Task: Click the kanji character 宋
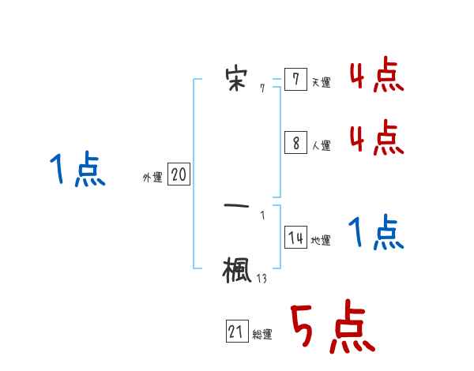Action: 236,77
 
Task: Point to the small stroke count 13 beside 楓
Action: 261,278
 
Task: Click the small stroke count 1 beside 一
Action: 262,215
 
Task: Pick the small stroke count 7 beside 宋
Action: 262,89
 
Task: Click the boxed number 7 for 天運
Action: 295,80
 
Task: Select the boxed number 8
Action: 295,142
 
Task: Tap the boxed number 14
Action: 295,238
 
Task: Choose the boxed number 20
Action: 179,174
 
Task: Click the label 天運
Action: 321,82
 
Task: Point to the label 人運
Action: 321,145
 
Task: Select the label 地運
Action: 321,241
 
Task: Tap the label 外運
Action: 152,178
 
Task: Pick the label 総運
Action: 262,335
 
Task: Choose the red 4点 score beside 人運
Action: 376,138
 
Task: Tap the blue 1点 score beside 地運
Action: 376,233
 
